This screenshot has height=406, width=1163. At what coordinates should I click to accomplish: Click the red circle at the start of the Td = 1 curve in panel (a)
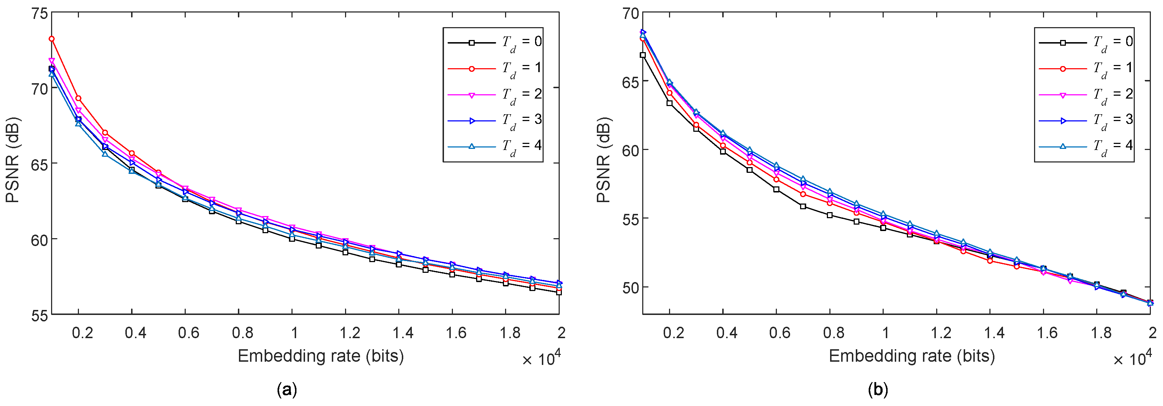[x=51, y=39]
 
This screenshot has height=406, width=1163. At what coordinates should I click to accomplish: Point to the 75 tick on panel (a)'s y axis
[x=40, y=14]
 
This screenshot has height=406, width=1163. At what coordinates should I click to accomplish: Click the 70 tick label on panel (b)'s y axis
[x=631, y=14]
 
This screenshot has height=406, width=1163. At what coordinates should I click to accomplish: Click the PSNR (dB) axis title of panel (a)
[x=13, y=160]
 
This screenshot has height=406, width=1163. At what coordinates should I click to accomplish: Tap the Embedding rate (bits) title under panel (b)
[x=912, y=356]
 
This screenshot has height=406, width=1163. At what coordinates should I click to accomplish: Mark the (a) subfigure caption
[x=287, y=389]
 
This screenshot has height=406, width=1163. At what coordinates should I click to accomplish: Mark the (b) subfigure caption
[x=878, y=389]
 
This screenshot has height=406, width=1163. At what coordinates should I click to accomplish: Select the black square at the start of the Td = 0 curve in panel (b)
[x=643, y=55]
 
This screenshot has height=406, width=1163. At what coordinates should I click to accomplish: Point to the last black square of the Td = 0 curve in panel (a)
[x=559, y=292]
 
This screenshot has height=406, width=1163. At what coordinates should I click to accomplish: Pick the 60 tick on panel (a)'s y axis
[x=40, y=240]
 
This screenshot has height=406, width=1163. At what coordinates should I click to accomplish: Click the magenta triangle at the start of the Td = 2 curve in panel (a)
[x=51, y=60]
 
